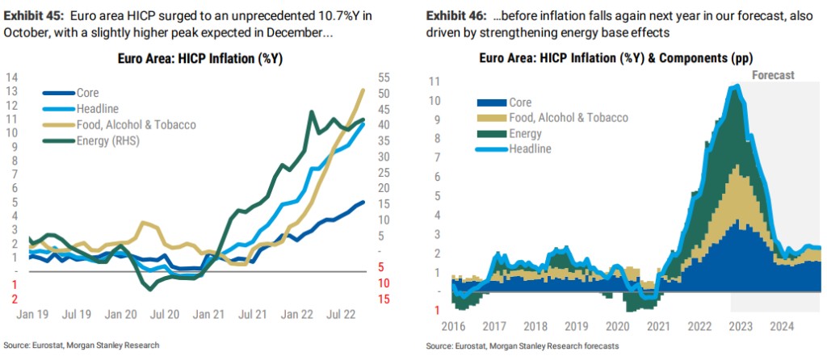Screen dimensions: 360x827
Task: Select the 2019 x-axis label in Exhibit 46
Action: click(576, 327)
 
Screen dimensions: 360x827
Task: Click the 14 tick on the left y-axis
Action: click(12, 77)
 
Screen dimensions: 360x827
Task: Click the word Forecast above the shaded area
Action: click(774, 74)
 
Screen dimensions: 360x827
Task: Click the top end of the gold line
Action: click(363, 90)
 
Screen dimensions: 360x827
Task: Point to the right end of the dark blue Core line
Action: click(363, 202)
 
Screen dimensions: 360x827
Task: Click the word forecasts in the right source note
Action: click(598, 346)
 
